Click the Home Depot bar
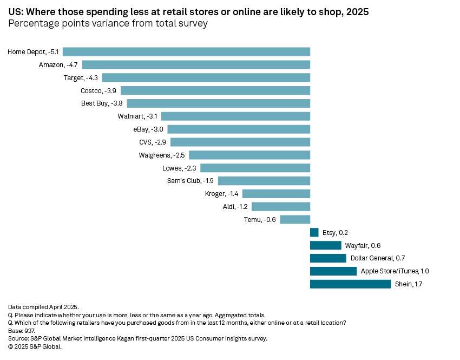(x=186, y=52)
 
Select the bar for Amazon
(x=196, y=65)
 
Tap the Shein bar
(x=350, y=284)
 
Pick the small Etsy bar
(x=314, y=232)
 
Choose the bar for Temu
(x=295, y=219)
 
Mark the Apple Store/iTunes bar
(x=333, y=271)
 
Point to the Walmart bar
(x=235, y=116)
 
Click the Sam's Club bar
(x=264, y=180)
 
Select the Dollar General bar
(x=328, y=258)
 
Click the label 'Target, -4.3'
(x=81, y=78)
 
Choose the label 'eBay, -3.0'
(x=148, y=129)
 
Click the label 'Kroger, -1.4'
(x=222, y=193)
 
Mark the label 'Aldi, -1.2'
(x=235, y=206)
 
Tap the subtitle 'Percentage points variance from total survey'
(x=108, y=23)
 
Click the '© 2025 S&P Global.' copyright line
(x=35, y=346)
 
